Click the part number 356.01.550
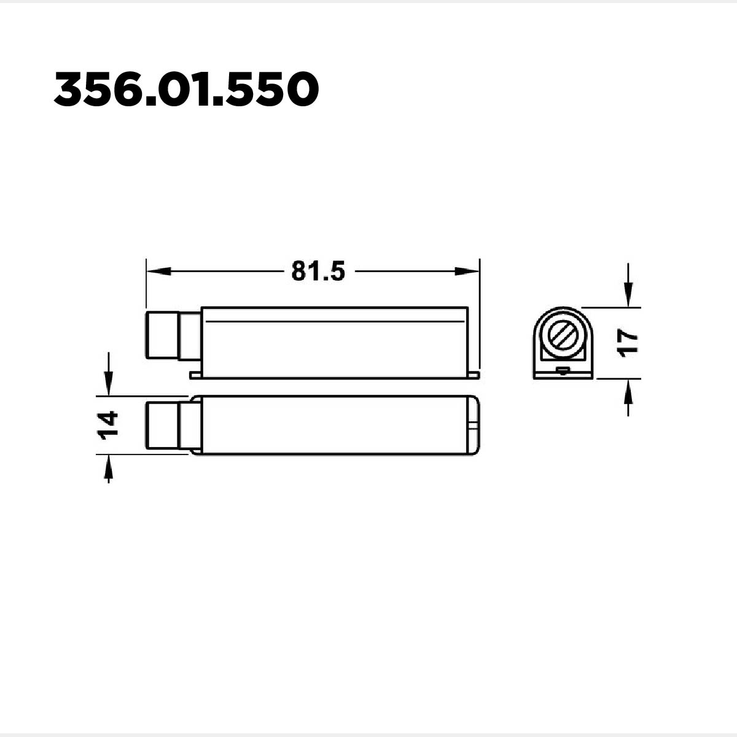pos(186,90)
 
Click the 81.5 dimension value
pos(318,271)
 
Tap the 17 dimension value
pos(628,343)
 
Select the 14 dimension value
pos(108,425)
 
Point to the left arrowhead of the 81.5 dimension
pos(158,271)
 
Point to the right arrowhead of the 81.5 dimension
pos(467,271)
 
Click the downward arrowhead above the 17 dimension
pos(628,295)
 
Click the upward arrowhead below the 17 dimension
pos(628,391)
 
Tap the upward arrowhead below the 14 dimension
pos(109,467)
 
